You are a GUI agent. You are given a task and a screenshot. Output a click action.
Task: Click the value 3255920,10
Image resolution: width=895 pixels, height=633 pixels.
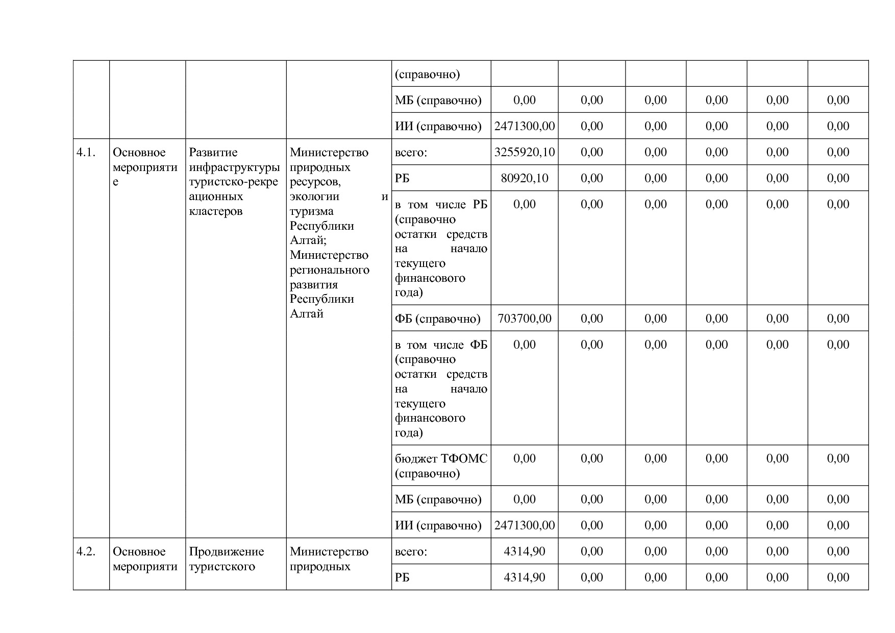[524, 152]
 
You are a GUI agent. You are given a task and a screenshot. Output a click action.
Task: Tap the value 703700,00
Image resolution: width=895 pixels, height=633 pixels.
[524, 319]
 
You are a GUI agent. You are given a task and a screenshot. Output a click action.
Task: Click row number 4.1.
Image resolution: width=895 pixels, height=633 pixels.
[86, 152]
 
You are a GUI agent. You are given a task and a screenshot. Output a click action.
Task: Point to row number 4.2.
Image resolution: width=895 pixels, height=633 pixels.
[86, 551]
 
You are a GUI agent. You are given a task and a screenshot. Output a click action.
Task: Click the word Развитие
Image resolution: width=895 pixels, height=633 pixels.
[213, 152]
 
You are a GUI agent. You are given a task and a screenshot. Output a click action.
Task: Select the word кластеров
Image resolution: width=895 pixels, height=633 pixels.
[215, 211]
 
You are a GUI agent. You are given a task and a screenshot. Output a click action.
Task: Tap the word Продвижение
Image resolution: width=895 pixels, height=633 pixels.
[226, 551]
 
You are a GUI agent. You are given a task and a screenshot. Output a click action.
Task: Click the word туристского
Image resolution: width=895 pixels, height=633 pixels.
[221, 567]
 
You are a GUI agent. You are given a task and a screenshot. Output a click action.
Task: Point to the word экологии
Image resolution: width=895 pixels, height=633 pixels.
[314, 197]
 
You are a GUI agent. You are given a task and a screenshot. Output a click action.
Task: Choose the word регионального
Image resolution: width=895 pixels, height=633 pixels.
[329, 270]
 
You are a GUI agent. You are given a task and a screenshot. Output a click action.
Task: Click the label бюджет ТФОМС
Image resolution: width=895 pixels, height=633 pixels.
[441, 458]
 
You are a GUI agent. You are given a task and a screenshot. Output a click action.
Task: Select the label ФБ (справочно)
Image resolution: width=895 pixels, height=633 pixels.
[437, 319]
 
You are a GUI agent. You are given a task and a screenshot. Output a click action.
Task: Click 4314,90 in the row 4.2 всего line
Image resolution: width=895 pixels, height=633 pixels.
[524, 551]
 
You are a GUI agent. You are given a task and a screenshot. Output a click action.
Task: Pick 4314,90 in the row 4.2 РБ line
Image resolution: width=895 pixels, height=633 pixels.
[524, 577]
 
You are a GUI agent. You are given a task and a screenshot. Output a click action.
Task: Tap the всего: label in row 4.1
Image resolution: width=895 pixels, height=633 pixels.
[411, 152]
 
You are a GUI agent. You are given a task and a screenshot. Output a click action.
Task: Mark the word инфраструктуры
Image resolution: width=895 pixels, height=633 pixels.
[234, 167]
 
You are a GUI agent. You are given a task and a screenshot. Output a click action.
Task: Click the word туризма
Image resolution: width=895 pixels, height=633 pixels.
[311, 211]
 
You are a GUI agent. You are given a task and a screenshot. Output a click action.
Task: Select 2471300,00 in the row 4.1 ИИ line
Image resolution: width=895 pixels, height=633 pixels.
[524, 525]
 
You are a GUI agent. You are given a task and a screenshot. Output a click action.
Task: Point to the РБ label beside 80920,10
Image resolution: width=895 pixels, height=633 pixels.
[402, 178]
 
